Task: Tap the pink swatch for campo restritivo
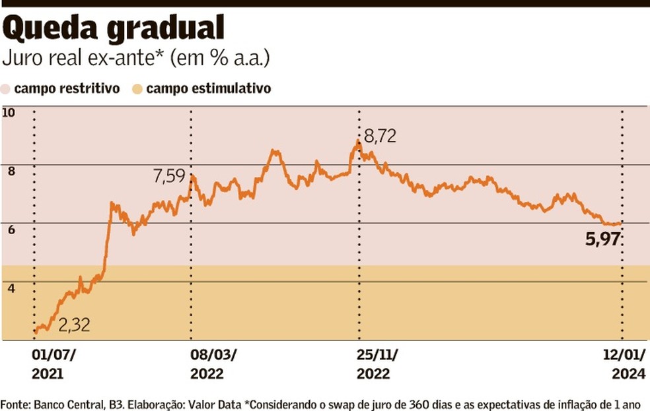tap(6, 88)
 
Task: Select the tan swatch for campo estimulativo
tap(137, 88)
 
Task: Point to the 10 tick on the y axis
tap(9, 112)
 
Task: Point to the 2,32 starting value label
tap(74, 325)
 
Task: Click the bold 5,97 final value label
tap(602, 239)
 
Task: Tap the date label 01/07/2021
tap(54, 364)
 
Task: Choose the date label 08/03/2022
tap(213, 364)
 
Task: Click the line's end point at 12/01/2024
tap(621, 224)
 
